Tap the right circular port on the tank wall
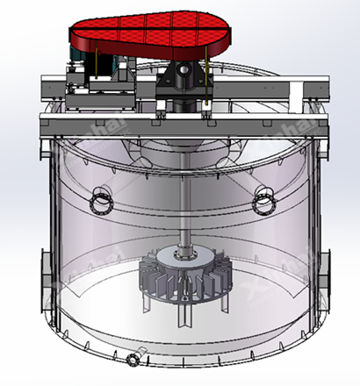pos(262,204)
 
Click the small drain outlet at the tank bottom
pos(133,360)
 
